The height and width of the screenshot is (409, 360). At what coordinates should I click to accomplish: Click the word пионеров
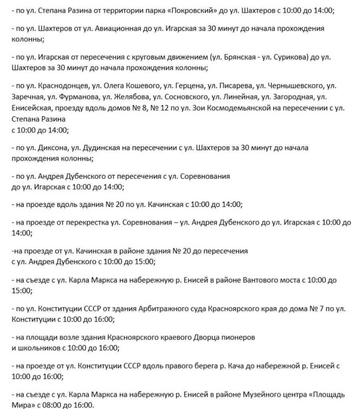coord(239,337)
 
